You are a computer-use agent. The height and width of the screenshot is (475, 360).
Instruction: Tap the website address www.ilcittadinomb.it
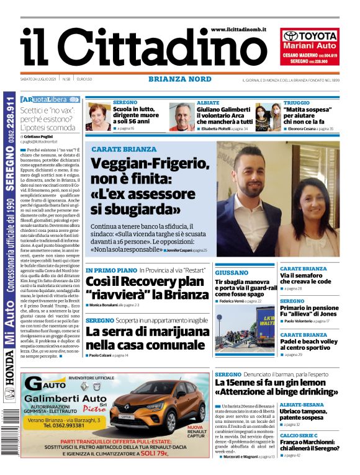tap(238, 29)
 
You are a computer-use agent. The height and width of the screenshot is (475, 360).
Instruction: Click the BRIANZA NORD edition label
tap(179, 79)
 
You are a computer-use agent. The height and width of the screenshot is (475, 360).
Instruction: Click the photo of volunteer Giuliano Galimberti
tap(181, 116)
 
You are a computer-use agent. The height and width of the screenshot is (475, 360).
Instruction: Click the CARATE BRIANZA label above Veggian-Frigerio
tap(124, 149)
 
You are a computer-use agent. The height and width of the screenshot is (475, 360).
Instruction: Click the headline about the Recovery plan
tap(146, 288)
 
